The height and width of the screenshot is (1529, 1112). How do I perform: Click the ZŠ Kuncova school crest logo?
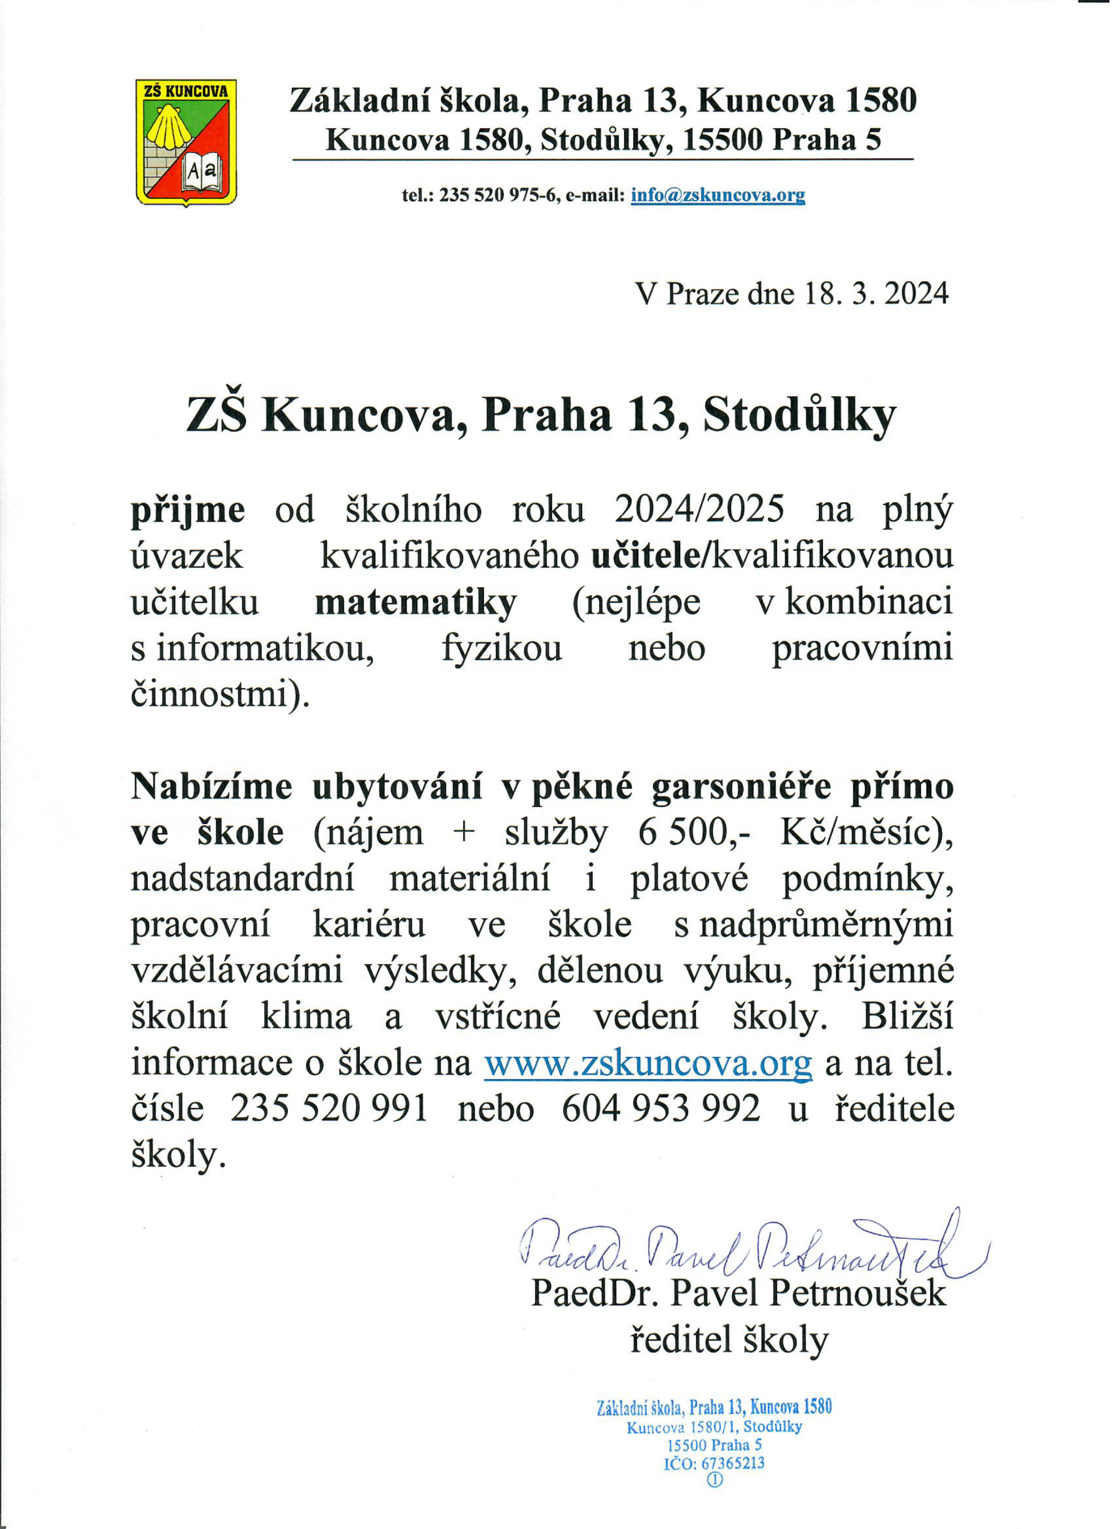186,142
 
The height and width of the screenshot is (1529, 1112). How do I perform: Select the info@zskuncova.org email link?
717,195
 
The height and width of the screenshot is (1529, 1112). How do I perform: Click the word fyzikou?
502,648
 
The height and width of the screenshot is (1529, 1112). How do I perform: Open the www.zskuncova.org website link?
648,1064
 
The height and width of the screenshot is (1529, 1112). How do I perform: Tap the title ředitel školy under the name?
728,1341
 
